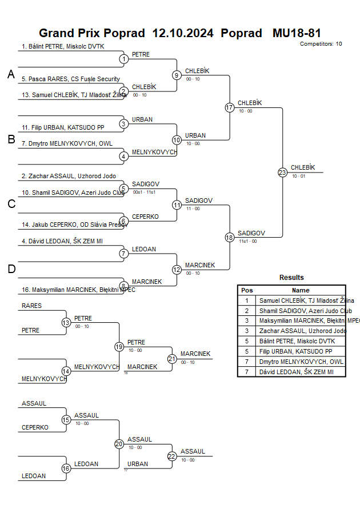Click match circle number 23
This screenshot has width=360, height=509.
pyautogui.click(x=282, y=173)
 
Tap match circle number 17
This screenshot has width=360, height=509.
pyautogui.click(x=230, y=107)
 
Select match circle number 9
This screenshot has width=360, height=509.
pyautogui.click(x=177, y=75)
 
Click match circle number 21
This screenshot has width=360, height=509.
pyautogui.click(x=172, y=359)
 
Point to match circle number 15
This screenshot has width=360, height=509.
pyautogui.click(x=66, y=420)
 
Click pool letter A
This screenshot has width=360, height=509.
pyautogui.click(x=11, y=74)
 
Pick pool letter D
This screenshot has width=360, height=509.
pyautogui.click(x=11, y=269)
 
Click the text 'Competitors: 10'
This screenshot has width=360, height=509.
pyautogui.click(x=321, y=44)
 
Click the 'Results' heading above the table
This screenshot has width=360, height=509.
pyautogui.click(x=291, y=278)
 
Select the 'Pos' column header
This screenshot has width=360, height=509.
pyautogui.click(x=247, y=290)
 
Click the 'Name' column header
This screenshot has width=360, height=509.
pyautogui.click(x=301, y=290)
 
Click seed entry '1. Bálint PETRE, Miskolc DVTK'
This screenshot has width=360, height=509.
pyautogui.click(x=63, y=47)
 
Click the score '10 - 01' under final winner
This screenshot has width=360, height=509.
pyautogui.click(x=298, y=177)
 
